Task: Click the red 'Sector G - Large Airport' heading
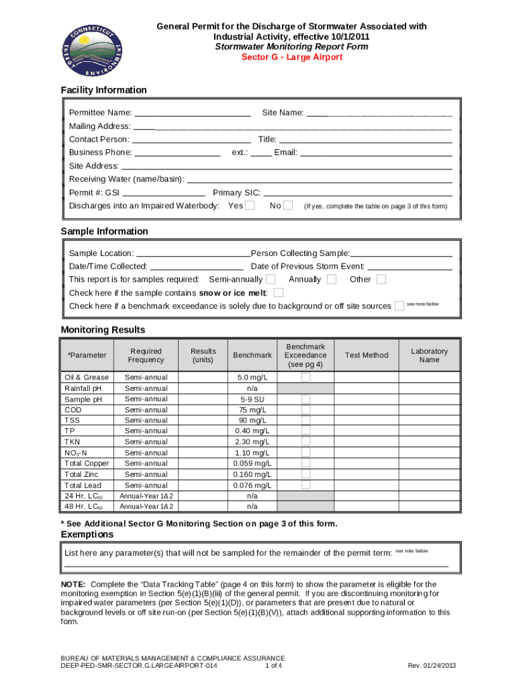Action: (x=291, y=57)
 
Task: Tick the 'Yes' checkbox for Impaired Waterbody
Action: (x=250, y=206)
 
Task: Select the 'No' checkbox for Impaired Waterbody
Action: (x=288, y=206)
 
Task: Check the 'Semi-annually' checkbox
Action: (x=271, y=279)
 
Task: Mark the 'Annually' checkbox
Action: (x=331, y=279)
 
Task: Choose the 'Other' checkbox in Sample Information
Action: (x=381, y=279)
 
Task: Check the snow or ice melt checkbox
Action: (x=279, y=293)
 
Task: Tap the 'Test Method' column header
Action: (x=366, y=355)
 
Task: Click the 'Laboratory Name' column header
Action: (x=429, y=355)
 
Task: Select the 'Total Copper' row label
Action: (x=86, y=464)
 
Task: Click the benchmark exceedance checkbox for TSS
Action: (x=305, y=421)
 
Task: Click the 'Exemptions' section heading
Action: (x=87, y=535)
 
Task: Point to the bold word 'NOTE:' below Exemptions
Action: (x=73, y=585)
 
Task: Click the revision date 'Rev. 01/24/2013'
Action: (x=432, y=666)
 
